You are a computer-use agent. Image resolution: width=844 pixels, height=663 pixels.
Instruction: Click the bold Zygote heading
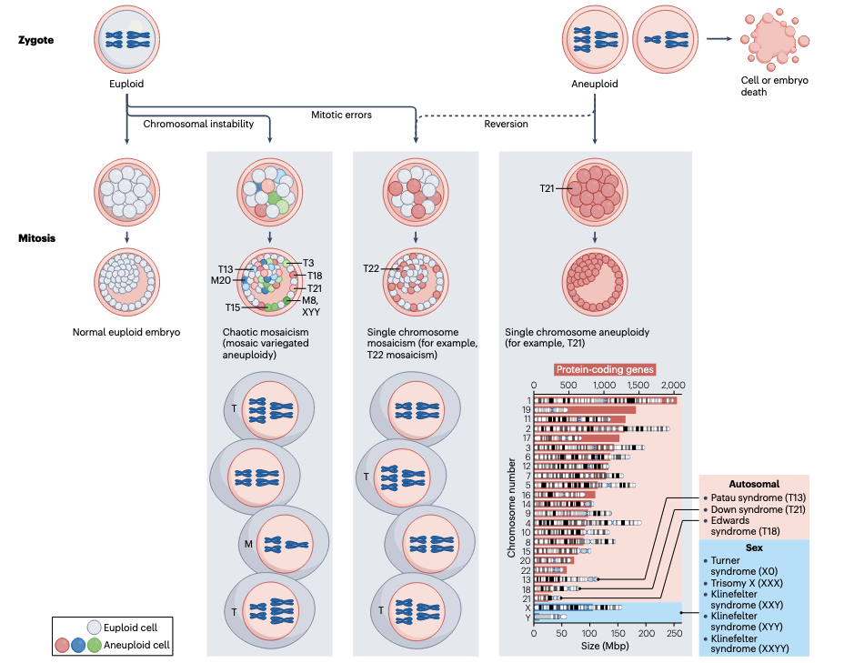[x=36, y=39]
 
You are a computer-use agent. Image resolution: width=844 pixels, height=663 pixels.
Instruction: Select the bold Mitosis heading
[x=36, y=238]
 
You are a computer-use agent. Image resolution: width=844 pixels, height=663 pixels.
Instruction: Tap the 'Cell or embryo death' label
[x=774, y=85]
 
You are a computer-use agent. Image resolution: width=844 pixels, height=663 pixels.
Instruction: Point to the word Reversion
[x=506, y=124]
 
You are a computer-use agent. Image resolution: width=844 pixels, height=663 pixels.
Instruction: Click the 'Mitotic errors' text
[x=341, y=115]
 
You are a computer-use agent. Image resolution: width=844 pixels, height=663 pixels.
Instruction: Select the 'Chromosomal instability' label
[x=198, y=124]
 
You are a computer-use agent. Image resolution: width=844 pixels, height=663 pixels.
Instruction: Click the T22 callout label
[x=371, y=268]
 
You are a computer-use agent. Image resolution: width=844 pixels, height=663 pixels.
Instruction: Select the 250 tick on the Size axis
[x=674, y=633]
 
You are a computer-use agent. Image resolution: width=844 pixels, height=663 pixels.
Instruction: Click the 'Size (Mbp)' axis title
[x=604, y=646]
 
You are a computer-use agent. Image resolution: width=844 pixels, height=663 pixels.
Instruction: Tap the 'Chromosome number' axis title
[x=512, y=507]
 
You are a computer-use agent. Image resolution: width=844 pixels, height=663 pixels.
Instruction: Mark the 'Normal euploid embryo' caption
[x=126, y=332]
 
